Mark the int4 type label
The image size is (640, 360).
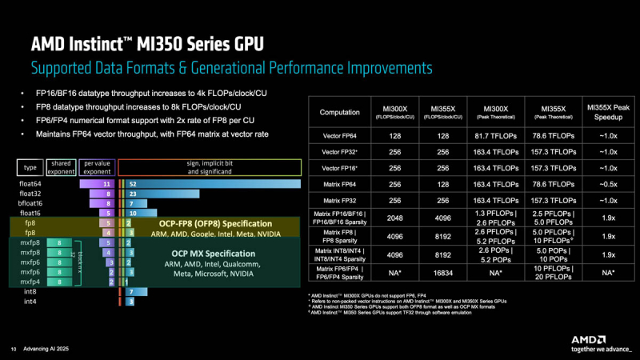pyautogui.click(x=30, y=302)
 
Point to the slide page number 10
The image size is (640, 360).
pyautogui.click(x=13, y=348)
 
